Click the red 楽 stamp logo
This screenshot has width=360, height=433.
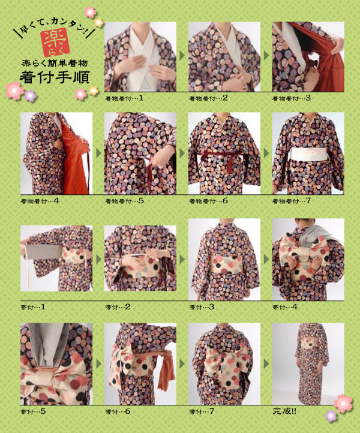tap(55, 42)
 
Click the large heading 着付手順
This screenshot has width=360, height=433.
tap(55, 77)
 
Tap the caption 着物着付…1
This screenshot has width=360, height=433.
tap(124, 98)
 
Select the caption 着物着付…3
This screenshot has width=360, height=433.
tap(291, 98)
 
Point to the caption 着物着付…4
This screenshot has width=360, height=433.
tap(40, 201)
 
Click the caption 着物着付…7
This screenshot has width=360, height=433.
tap(291, 201)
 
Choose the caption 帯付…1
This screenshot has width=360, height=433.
tap(33, 307)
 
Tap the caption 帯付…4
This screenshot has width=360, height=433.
tap(285, 307)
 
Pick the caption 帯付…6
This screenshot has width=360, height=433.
tap(118, 411)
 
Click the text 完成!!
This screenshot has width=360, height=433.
tap(284, 411)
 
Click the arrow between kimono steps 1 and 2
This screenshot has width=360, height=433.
tap(182, 56)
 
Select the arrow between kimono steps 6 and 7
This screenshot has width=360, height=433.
tap(266, 153)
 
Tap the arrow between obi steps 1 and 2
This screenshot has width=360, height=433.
tap(98, 259)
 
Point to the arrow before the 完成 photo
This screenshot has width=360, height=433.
tap(266, 363)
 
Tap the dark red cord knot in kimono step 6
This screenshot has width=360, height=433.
tap(229, 158)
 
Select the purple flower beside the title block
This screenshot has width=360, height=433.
tap(30, 95)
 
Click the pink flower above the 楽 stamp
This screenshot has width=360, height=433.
tap(90, 12)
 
